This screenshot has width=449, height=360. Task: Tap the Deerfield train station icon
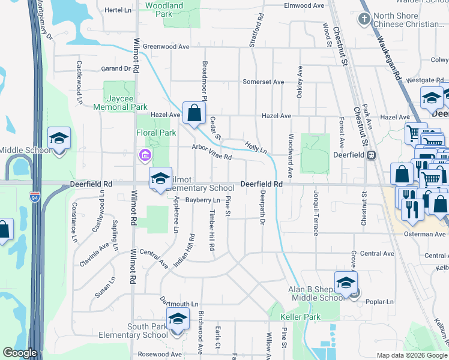point(371,155)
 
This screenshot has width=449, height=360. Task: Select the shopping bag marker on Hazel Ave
point(194,112)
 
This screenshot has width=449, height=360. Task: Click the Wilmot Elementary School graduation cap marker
point(160,178)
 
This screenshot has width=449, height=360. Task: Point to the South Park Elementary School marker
point(178,319)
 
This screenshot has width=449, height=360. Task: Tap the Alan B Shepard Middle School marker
point(346,283)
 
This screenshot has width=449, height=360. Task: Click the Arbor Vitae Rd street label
point(211,152)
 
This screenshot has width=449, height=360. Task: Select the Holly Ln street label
point(256,146)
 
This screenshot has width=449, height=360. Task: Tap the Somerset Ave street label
point(263,82)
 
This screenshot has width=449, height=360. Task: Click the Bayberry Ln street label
point(203,200)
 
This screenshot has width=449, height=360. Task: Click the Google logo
point(20,353)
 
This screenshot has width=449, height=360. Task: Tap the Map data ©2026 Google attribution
point(411,355)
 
